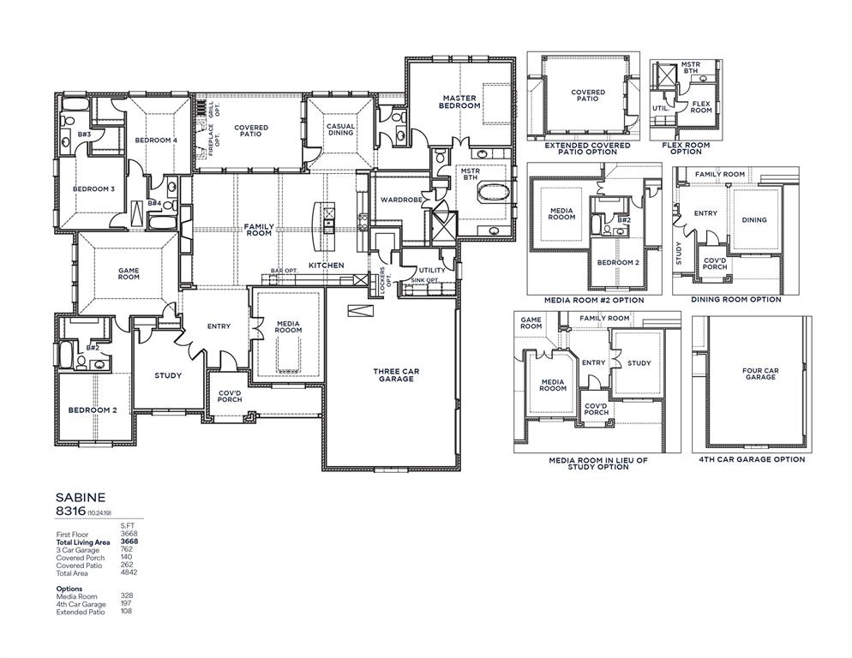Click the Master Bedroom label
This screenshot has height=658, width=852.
pos(460,102)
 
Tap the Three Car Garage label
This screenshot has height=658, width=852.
pos(394,375)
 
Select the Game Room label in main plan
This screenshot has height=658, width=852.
pos(129,272)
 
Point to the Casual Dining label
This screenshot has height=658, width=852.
pos(340,129)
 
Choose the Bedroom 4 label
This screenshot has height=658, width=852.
pos(156,140)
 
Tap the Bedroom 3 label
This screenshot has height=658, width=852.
pos(93,188)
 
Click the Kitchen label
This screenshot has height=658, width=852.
pos(326,266)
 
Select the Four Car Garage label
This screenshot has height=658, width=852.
pos(759,374)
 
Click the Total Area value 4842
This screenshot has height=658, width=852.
pos(129,572)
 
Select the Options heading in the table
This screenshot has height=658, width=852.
pos(69,589)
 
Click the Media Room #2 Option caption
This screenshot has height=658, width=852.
pos(594,301)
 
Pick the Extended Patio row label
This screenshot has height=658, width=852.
pos(80,612)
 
